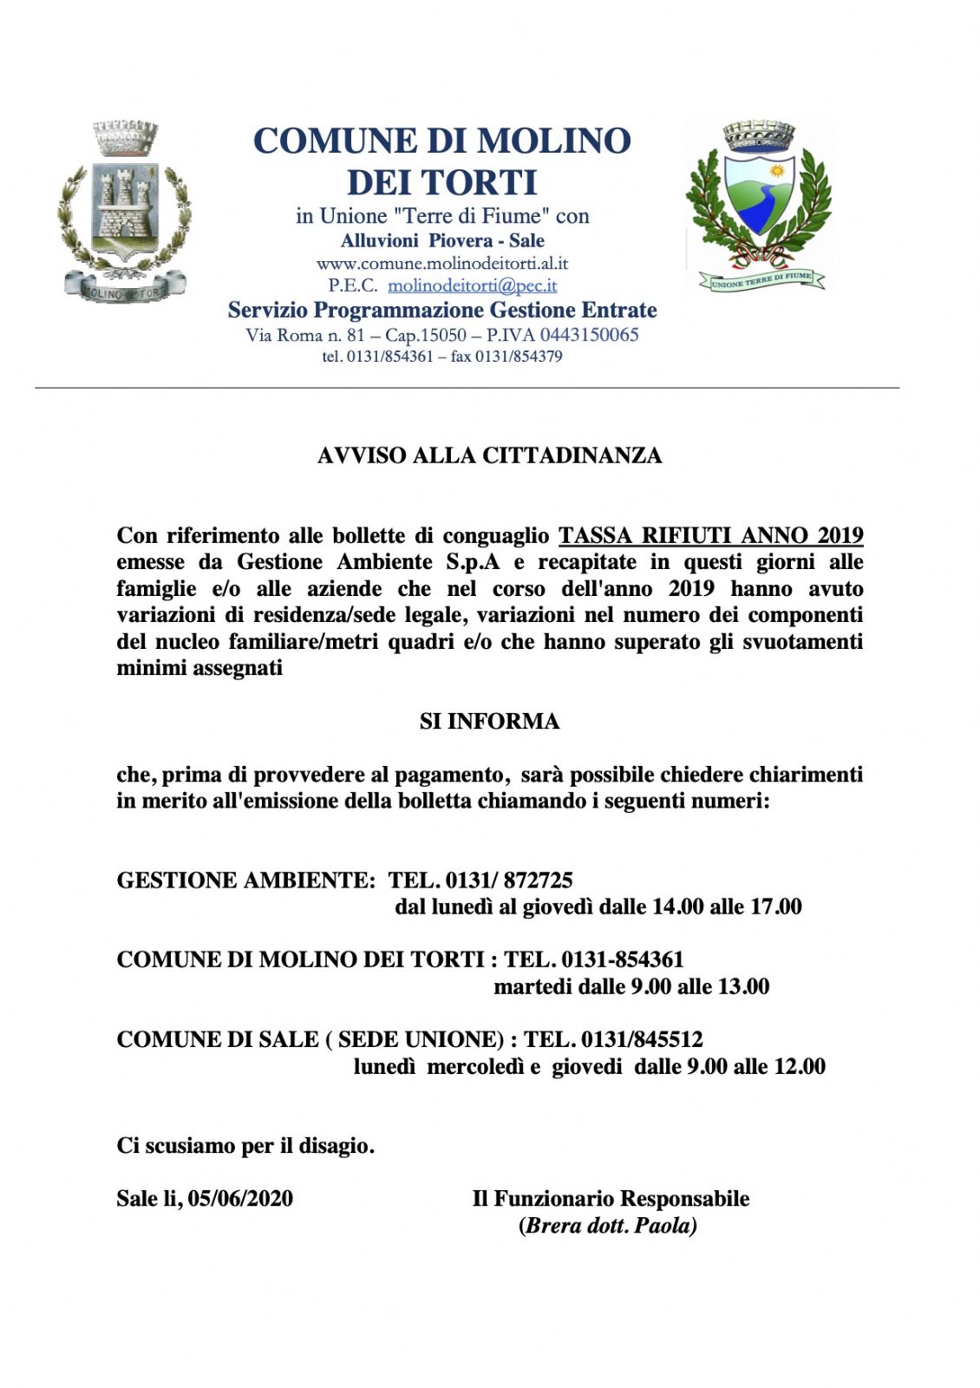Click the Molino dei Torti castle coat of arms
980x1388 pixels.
click(124, 213)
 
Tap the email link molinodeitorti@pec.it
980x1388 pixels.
click(472, 285)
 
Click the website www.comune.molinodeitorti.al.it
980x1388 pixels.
click(442, 263)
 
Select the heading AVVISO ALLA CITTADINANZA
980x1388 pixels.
click(489, 455)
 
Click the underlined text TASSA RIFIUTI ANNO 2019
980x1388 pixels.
click(710, 535)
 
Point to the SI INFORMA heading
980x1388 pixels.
click(489, 721)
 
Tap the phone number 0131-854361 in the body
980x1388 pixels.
click(622, 959)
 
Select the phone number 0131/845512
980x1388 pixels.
click(642, 1039)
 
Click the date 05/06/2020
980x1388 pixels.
click(240, 1199)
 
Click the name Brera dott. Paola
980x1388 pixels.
click(608, 1226)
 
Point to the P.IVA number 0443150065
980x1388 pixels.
click(589, 335)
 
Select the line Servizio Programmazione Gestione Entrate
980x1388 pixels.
click(442, 310)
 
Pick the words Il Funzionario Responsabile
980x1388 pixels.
click(611, 1199)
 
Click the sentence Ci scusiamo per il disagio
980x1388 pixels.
click(245, 1146)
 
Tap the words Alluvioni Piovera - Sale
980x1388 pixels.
click(442, 241)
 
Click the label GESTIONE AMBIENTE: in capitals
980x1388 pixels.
click(245, 881)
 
